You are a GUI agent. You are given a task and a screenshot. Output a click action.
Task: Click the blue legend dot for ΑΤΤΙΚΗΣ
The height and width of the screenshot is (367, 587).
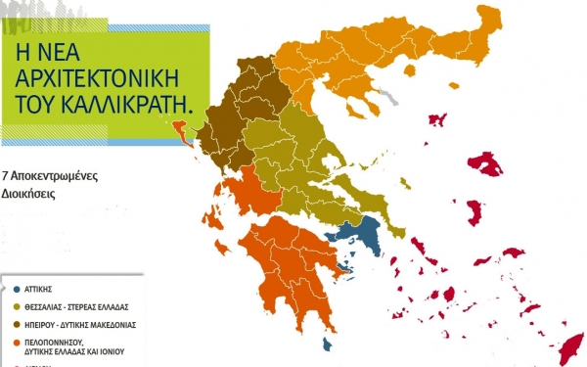[18, 290]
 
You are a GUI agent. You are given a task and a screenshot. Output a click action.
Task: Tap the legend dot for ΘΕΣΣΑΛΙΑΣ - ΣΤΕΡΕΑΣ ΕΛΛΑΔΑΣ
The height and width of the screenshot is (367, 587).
[18, 307]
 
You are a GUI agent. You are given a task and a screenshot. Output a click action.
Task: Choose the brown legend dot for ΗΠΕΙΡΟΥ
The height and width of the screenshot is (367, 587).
[18, 325]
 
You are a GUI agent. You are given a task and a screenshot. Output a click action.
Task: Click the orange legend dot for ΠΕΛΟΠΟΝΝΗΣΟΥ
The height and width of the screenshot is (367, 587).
[18, 344]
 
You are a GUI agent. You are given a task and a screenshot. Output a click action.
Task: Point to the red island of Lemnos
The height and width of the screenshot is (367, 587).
[437, 120]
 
